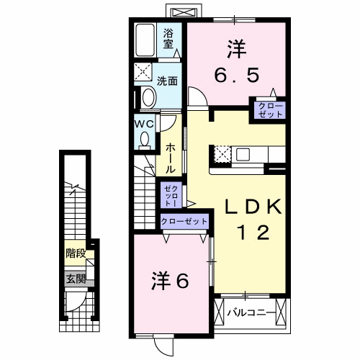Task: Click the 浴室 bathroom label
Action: [x=168, y=38]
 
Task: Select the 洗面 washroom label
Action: [x=168, y=80]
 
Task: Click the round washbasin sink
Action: [x=148, y=97]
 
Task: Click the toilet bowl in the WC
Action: [x=143, y=140]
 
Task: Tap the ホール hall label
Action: [x=170, y=157]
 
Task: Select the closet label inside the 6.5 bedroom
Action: [x=267, y=109]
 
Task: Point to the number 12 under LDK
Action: [x=253, y=233]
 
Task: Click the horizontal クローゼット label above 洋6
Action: [x=184, y=222]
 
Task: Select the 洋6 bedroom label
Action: [x=170, y=280]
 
